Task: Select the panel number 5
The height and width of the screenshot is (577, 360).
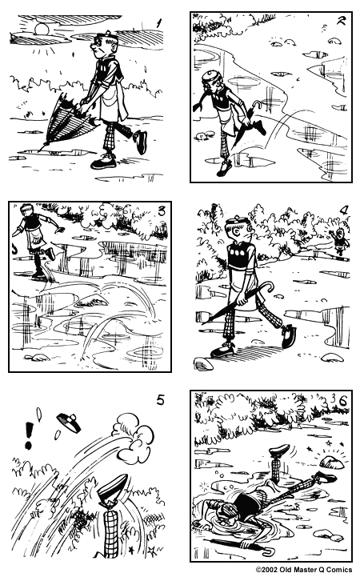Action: coord(160,401)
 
